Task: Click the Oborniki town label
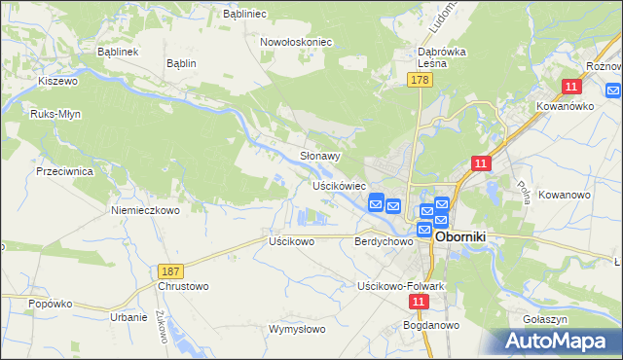[468, 236]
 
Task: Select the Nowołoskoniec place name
[296, 42]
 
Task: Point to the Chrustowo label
[183, 287]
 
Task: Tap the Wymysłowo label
[297, 329]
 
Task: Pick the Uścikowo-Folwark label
[401, 286]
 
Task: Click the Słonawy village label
[319, 156]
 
